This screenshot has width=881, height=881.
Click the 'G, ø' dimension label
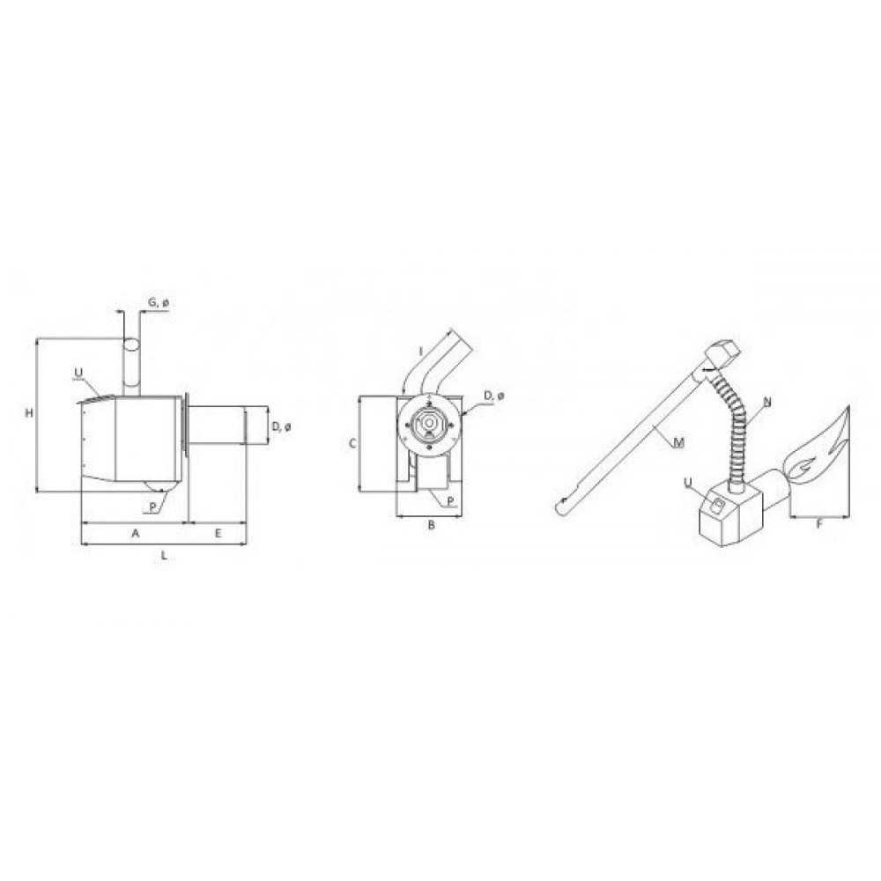(158, 303)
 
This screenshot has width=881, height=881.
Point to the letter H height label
(29, 413)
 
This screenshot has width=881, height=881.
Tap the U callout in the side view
(78, 373)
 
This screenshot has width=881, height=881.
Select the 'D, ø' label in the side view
(281, 427)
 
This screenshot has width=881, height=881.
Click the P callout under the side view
(152, 507)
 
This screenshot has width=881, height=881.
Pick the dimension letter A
(135, 533)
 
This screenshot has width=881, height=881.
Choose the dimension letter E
(218, 533)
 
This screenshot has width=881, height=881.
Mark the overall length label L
(164, 556)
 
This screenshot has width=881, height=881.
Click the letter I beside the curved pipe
(421, 352)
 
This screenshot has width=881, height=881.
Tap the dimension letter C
(353, 444)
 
